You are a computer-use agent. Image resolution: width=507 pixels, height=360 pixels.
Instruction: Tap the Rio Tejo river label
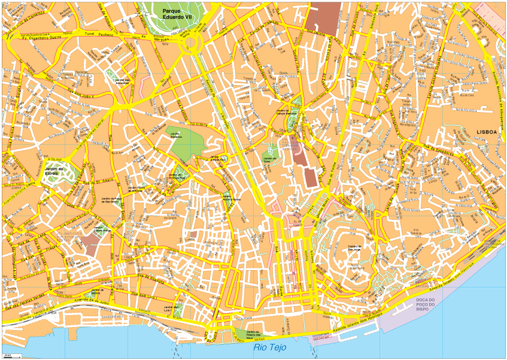(270, 347)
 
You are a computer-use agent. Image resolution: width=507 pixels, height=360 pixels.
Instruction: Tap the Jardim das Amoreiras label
(122, 80)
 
